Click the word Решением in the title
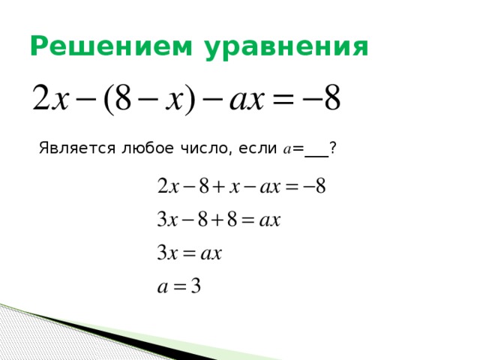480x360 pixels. tap(103, 47)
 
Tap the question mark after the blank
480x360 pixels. tap(332, 148)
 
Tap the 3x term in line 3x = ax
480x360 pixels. tap(166, 253)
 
